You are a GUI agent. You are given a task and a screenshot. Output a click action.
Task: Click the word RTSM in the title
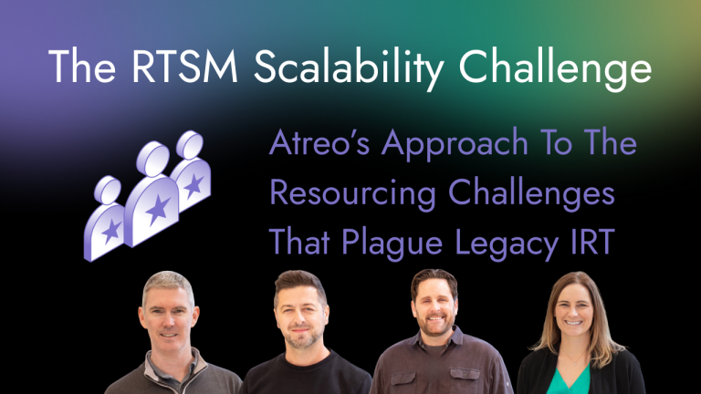(175, 67)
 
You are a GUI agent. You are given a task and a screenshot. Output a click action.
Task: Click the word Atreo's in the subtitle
(319, 145)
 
